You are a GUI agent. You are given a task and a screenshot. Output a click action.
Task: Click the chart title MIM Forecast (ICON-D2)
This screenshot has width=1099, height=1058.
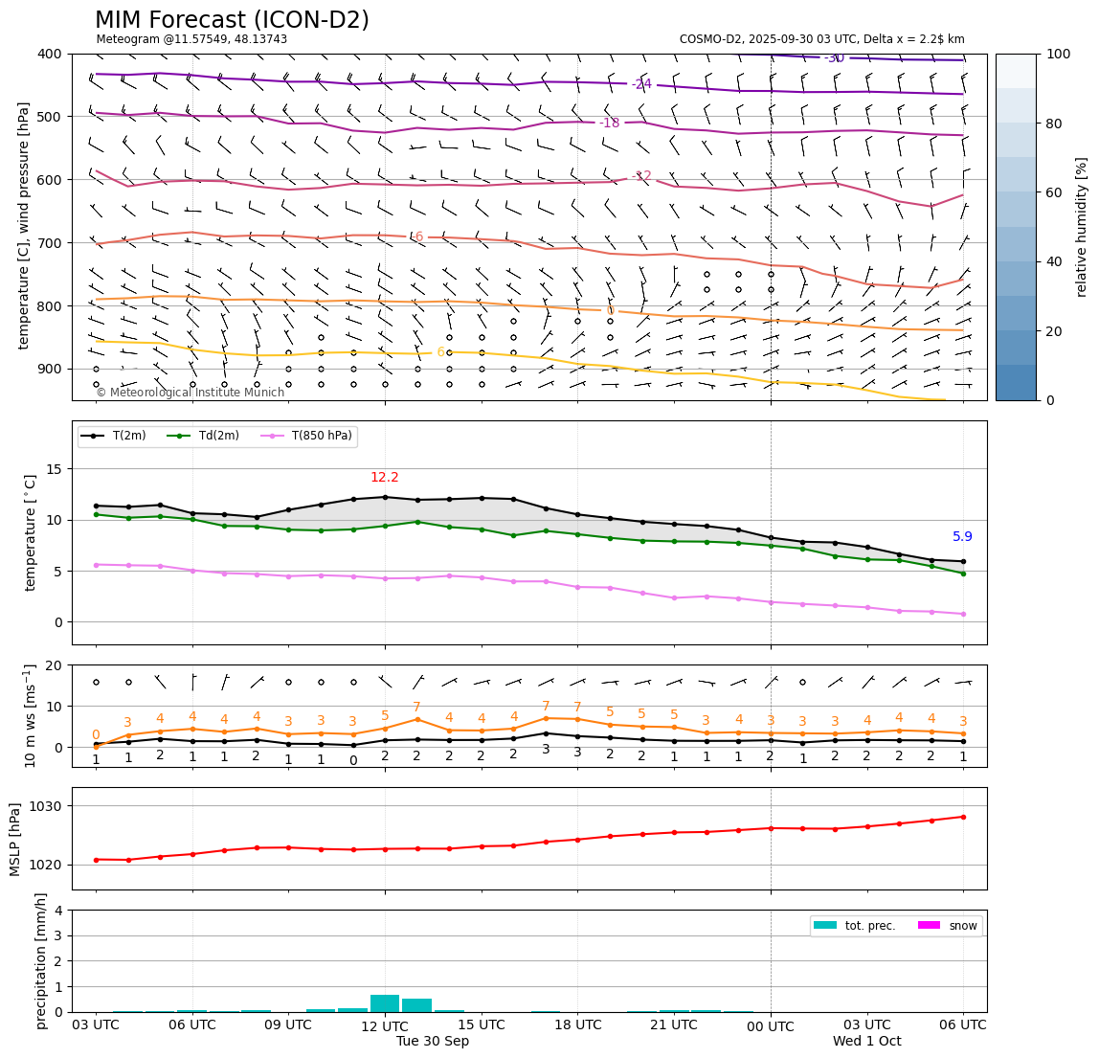(232, 20)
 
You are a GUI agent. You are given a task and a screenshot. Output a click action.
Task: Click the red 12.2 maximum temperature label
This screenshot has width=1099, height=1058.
(385, 478)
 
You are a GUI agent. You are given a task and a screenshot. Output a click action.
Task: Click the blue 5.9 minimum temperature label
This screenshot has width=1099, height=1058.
(962, 537)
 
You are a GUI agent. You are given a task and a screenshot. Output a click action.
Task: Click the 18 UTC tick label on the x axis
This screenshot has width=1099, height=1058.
(577, 1024)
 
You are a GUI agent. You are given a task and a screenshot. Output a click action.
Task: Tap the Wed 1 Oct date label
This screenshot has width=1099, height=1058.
(866, 1042)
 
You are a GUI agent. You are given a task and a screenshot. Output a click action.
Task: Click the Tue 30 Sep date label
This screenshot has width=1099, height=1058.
(433, 1042)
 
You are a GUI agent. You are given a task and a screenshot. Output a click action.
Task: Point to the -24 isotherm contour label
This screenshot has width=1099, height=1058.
(641, 84)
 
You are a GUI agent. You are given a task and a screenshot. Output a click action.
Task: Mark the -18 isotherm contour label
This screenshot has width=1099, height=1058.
(609, 124)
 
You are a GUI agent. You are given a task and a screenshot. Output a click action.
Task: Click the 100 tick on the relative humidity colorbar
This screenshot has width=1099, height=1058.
(1058, 54)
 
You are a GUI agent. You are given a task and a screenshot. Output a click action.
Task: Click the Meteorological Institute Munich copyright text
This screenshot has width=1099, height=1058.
(190, 393)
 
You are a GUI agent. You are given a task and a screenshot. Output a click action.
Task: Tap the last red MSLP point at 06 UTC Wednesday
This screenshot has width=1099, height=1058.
(963, 817)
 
